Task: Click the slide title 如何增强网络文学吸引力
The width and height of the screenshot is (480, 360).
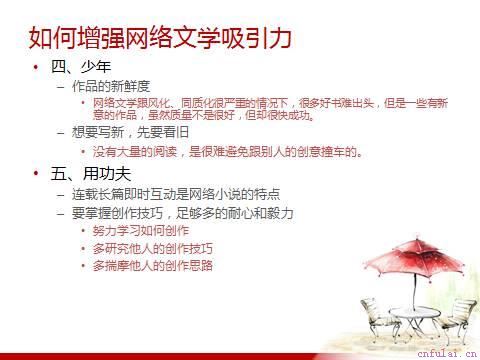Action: click(x=160, y=38)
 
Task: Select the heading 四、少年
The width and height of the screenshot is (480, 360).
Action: click(x=76, y=67)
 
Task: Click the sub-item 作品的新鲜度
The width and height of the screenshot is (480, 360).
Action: click(x=110, y=86)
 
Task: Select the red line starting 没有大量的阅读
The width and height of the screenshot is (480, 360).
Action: click(x=226, y=151)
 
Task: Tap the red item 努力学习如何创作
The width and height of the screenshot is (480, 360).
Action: click(x=140, y=230)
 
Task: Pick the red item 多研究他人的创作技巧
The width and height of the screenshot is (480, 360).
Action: click(x=152, y=248)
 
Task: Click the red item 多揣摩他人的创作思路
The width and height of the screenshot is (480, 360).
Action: click(x=152, y=266)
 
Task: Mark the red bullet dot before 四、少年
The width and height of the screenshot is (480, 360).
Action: click(x=36, y=67)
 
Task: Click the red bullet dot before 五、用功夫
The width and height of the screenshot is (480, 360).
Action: click(x=36, y=173)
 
